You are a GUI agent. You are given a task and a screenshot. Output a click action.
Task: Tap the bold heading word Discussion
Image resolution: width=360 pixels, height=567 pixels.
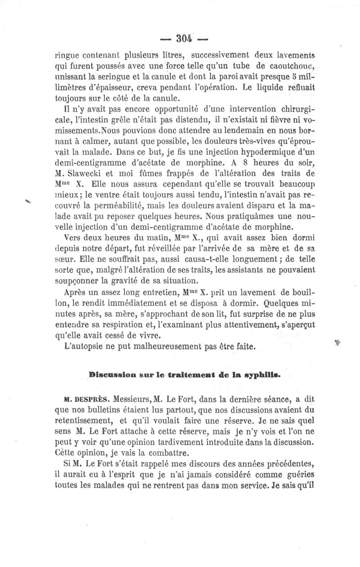click(x=111, y=373)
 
